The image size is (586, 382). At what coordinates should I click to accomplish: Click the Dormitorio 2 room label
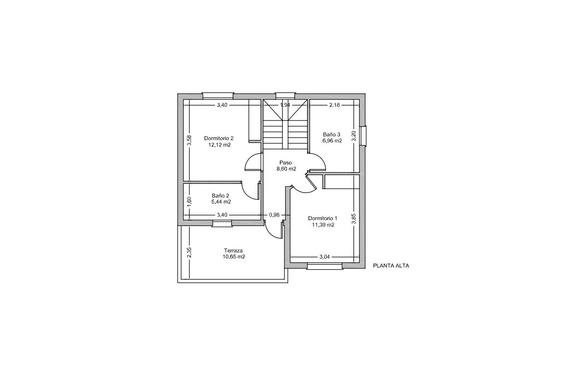(x=219, y=138)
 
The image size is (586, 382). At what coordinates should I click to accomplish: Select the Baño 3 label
(x=332, y=135)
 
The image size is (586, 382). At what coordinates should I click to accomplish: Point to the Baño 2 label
(x=221, y=196)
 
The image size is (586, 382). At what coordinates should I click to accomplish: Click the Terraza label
(x=233, y=251)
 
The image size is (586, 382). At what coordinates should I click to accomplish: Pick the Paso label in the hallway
(x=286, y=162)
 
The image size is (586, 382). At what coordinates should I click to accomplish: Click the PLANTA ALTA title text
(x=391, y=266)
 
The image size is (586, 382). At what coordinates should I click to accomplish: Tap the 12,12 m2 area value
(x=219, y=145)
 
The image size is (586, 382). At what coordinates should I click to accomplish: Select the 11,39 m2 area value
(x=323, y=225)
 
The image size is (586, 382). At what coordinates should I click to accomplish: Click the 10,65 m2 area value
(x=233, y=257)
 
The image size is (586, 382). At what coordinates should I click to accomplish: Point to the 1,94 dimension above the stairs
(x=285, y=105)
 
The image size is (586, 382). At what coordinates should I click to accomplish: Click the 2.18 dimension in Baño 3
(x=334, y=105)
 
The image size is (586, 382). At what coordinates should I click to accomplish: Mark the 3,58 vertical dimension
(x=190, y=141)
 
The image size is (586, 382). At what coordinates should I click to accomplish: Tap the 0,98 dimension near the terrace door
(x=274, y=215)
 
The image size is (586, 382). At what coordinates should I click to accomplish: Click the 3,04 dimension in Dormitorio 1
(x=324, y=257)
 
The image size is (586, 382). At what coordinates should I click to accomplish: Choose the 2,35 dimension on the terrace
(x=189, y=252)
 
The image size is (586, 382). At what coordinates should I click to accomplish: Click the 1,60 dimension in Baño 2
(x=189, y=200)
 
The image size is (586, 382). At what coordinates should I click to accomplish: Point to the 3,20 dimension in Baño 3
(x=354, y=136)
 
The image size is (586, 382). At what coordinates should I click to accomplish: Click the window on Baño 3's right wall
(x=363, y=136)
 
